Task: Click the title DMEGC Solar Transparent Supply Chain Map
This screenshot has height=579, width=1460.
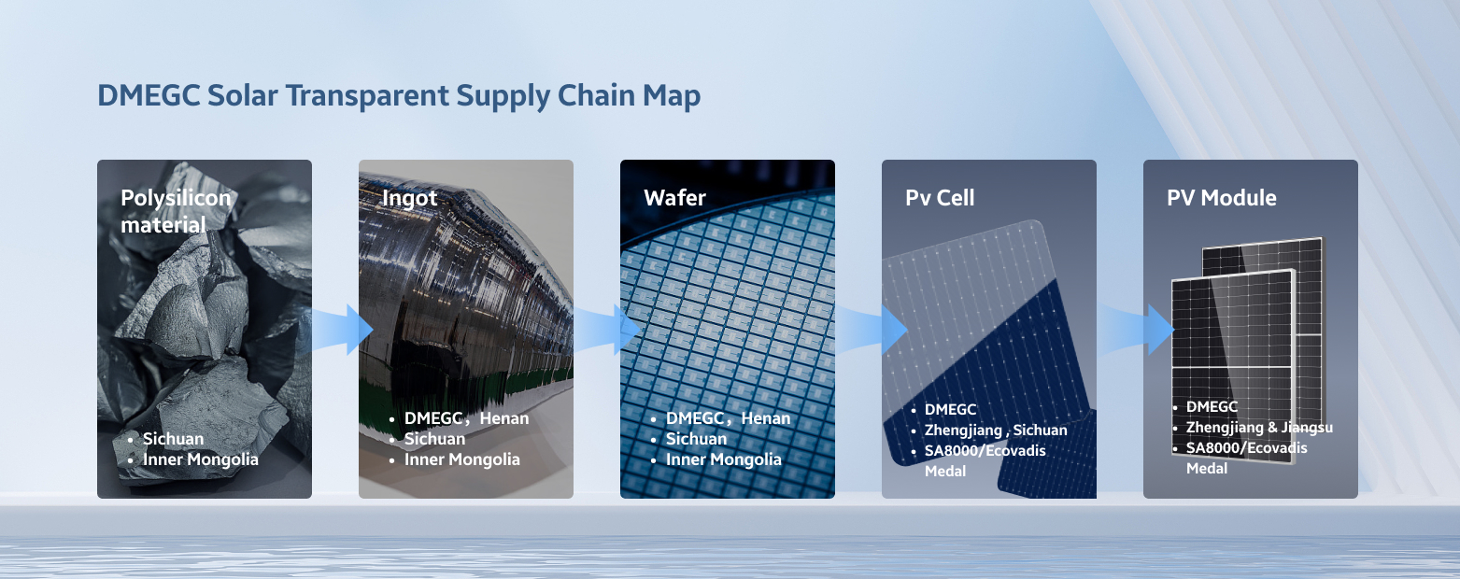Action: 399,96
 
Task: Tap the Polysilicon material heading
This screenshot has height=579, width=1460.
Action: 176,211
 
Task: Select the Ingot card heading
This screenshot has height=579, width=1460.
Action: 409,198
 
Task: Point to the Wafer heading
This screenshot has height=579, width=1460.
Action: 674,197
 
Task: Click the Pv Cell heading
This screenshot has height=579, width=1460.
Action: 940,197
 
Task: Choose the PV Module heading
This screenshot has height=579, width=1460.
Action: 1222,197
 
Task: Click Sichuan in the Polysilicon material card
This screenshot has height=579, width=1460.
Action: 174,439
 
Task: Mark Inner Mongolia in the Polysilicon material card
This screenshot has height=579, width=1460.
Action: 201,459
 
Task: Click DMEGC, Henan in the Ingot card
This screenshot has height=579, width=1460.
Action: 467,418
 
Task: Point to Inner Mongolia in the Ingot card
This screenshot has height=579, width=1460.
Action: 462,459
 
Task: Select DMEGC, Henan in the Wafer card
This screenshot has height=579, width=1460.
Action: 728,418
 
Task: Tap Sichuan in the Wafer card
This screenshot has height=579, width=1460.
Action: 696,439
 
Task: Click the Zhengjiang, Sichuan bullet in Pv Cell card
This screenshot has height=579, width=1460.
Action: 996,431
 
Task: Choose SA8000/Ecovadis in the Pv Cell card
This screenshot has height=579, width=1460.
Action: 985,451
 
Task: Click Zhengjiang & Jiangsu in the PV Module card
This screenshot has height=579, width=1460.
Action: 1259,428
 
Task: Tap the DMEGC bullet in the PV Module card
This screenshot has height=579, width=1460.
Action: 1212,407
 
